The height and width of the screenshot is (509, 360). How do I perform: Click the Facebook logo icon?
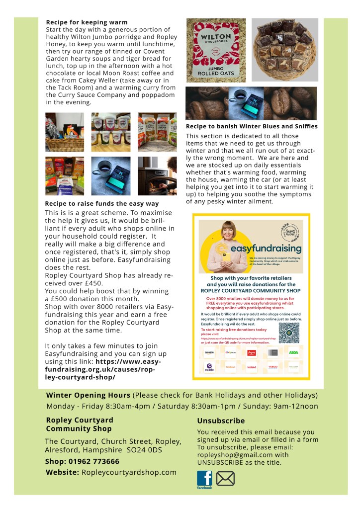coord(204,479)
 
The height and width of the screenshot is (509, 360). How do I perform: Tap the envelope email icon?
coord(225,479)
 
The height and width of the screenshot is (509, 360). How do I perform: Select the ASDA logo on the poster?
coord(294,352)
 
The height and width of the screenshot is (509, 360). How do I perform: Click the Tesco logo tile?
coord(272,367)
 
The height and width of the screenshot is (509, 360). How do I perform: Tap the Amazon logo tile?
coord(209,352)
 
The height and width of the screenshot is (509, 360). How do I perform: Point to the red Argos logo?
coord(252,352)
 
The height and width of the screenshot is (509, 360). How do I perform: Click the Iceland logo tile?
coord(252,367)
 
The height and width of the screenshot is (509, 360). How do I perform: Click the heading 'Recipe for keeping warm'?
coord(87,22)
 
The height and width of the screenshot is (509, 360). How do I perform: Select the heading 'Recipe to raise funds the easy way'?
coord(102,204)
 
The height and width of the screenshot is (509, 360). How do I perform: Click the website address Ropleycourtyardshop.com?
coord(129,472)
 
